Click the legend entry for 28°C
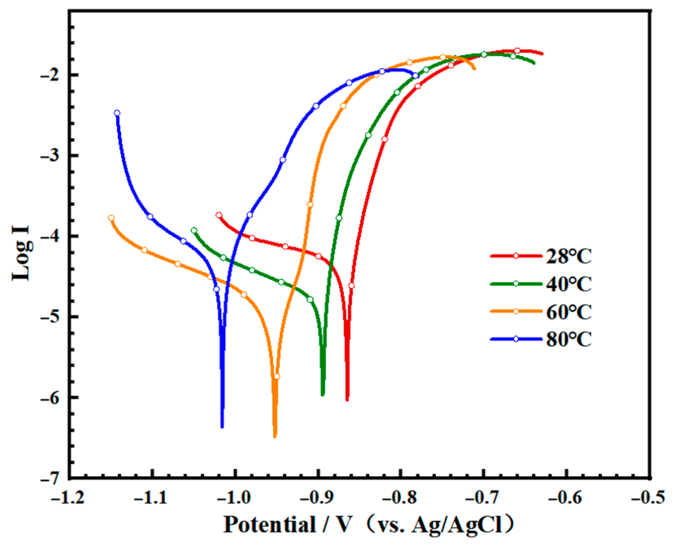[568, 256]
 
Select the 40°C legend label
[568, 284]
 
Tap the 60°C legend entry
[568, 311]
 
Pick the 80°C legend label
[568, 339]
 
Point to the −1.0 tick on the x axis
[235, 497]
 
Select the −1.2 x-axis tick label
[68, 497]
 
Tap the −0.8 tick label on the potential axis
[400, 497]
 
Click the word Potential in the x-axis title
[269, 524]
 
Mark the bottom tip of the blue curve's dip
[222, 427]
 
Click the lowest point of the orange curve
[275, 436]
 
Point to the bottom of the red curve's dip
[347, 400]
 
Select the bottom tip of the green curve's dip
[323, 394]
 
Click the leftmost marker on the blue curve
[117, 113]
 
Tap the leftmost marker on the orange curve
[111, 218]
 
